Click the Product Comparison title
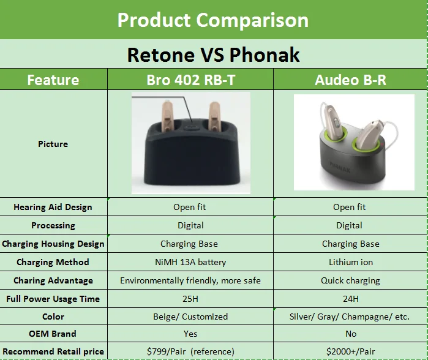tap(213, 20)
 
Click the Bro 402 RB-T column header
tap(191, 80)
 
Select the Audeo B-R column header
tap(350, 80)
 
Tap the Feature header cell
tap(53, 80)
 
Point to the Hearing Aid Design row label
tap(53, 207)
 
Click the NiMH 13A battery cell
tap(190, 262)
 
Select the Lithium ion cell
tap(351, 262)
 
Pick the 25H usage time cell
tap(190, 299)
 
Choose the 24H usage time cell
tap(351, 299)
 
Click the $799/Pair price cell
tap(190, 351)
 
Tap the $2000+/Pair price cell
tap(351, 351)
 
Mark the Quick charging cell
tap(350, 281)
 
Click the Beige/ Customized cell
tap(190, 317)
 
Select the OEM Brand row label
tap(53, 334)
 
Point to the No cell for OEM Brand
tap(351, 334)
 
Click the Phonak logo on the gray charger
tap(340, 167)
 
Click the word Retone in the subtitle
tap(161, 55)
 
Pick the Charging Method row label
tap(53, 262)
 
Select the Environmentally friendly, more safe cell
tap(190, 281)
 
